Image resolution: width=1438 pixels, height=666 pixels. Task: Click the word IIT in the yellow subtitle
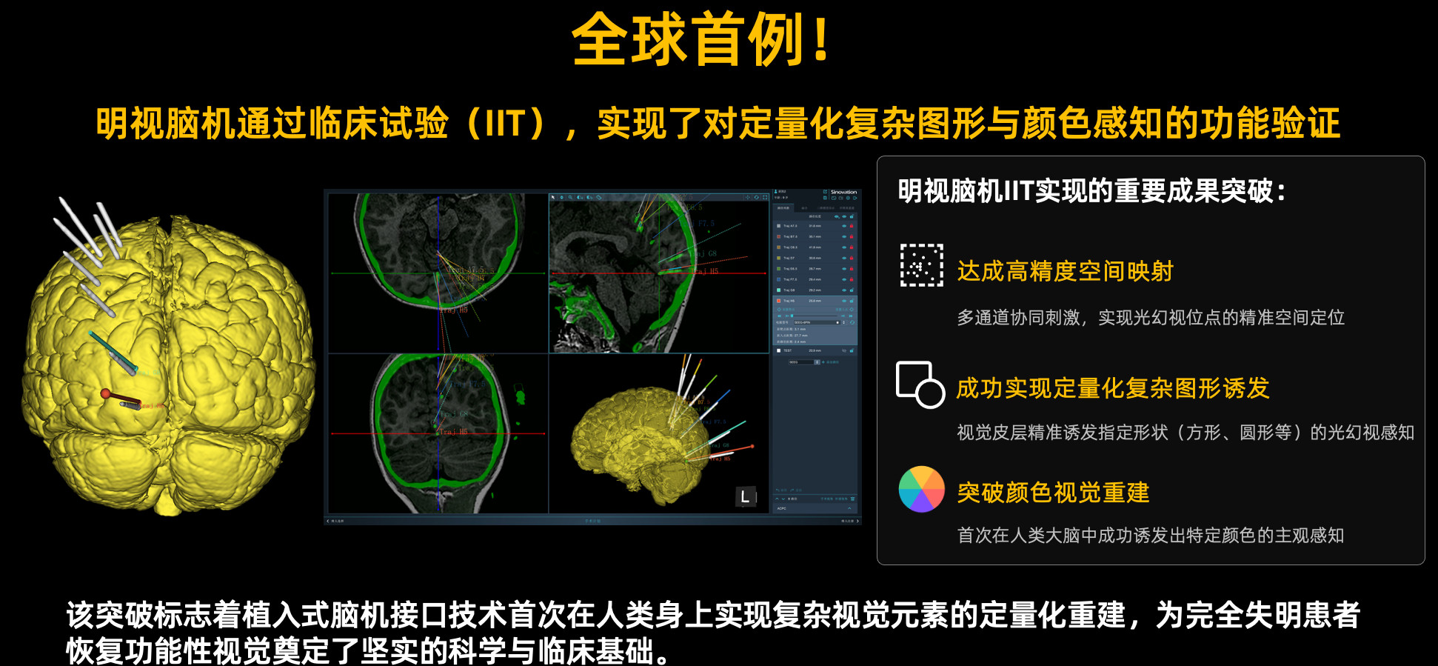pyautogui.click(x=505, y=124)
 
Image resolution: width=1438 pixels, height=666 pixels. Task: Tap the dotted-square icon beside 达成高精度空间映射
pyautogui.click(x=921, y=265)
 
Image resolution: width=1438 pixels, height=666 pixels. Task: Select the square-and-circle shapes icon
pyautogui.click(x=920, y=384)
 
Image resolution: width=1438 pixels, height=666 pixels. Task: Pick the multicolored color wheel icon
pyautogui.click(x=921, y=490)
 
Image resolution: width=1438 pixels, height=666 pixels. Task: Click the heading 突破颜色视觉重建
pyautogui.click(x=1053, y=493)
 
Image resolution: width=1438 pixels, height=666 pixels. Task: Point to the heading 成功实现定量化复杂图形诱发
pyautogui.click(x=1112, y=388)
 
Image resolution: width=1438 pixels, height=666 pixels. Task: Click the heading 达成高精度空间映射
pyautogui.click(x=1065, y=271)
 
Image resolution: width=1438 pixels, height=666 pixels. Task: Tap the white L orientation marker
pyautogui.click(x=745, y=497)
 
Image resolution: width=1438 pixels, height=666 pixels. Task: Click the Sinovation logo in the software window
pyautogui.click(x=843, y=193)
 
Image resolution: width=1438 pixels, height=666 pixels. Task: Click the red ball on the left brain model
pyautogui.click(x=106, y=393)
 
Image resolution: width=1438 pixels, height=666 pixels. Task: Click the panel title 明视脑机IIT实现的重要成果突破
pyautogui.click(x=1091, y=191)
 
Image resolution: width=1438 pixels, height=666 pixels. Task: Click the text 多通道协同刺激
pyautogui.click(x=1019, y=318)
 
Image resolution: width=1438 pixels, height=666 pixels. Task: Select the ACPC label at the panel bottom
pyautogui.click(x=781, y=508)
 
